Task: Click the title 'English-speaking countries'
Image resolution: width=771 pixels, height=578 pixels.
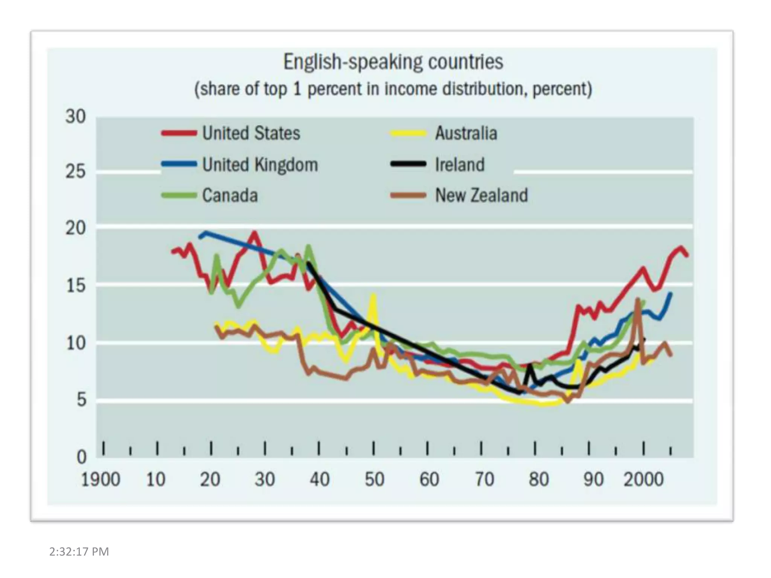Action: (x=393, y=62)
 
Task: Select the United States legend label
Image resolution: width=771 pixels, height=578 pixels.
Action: (x=251, y=133)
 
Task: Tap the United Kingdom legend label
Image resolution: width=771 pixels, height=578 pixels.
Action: (x=260, y=165)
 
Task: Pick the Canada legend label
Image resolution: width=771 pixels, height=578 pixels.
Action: (x=230, y=196)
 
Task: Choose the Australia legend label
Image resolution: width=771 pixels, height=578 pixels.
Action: (x=466, y=133)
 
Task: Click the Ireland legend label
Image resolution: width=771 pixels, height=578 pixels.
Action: (x=460, y=165)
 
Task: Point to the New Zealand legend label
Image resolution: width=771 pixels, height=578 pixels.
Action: (x=481, y=196)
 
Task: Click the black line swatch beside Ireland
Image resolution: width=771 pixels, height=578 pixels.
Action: (x=408, y=164)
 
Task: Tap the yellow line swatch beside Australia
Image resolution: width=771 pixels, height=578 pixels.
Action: (x=408, y=133)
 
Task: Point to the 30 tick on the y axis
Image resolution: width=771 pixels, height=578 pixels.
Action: (x=76, y=117)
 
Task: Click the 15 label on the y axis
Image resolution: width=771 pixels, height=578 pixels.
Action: (x=76, y=286)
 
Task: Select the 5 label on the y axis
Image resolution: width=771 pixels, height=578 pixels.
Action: (x=82, y=400)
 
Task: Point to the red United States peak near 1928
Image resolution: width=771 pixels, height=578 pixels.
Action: (x=255, y=233)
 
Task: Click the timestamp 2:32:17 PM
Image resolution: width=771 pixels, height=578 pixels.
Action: (x=79, y=552)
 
